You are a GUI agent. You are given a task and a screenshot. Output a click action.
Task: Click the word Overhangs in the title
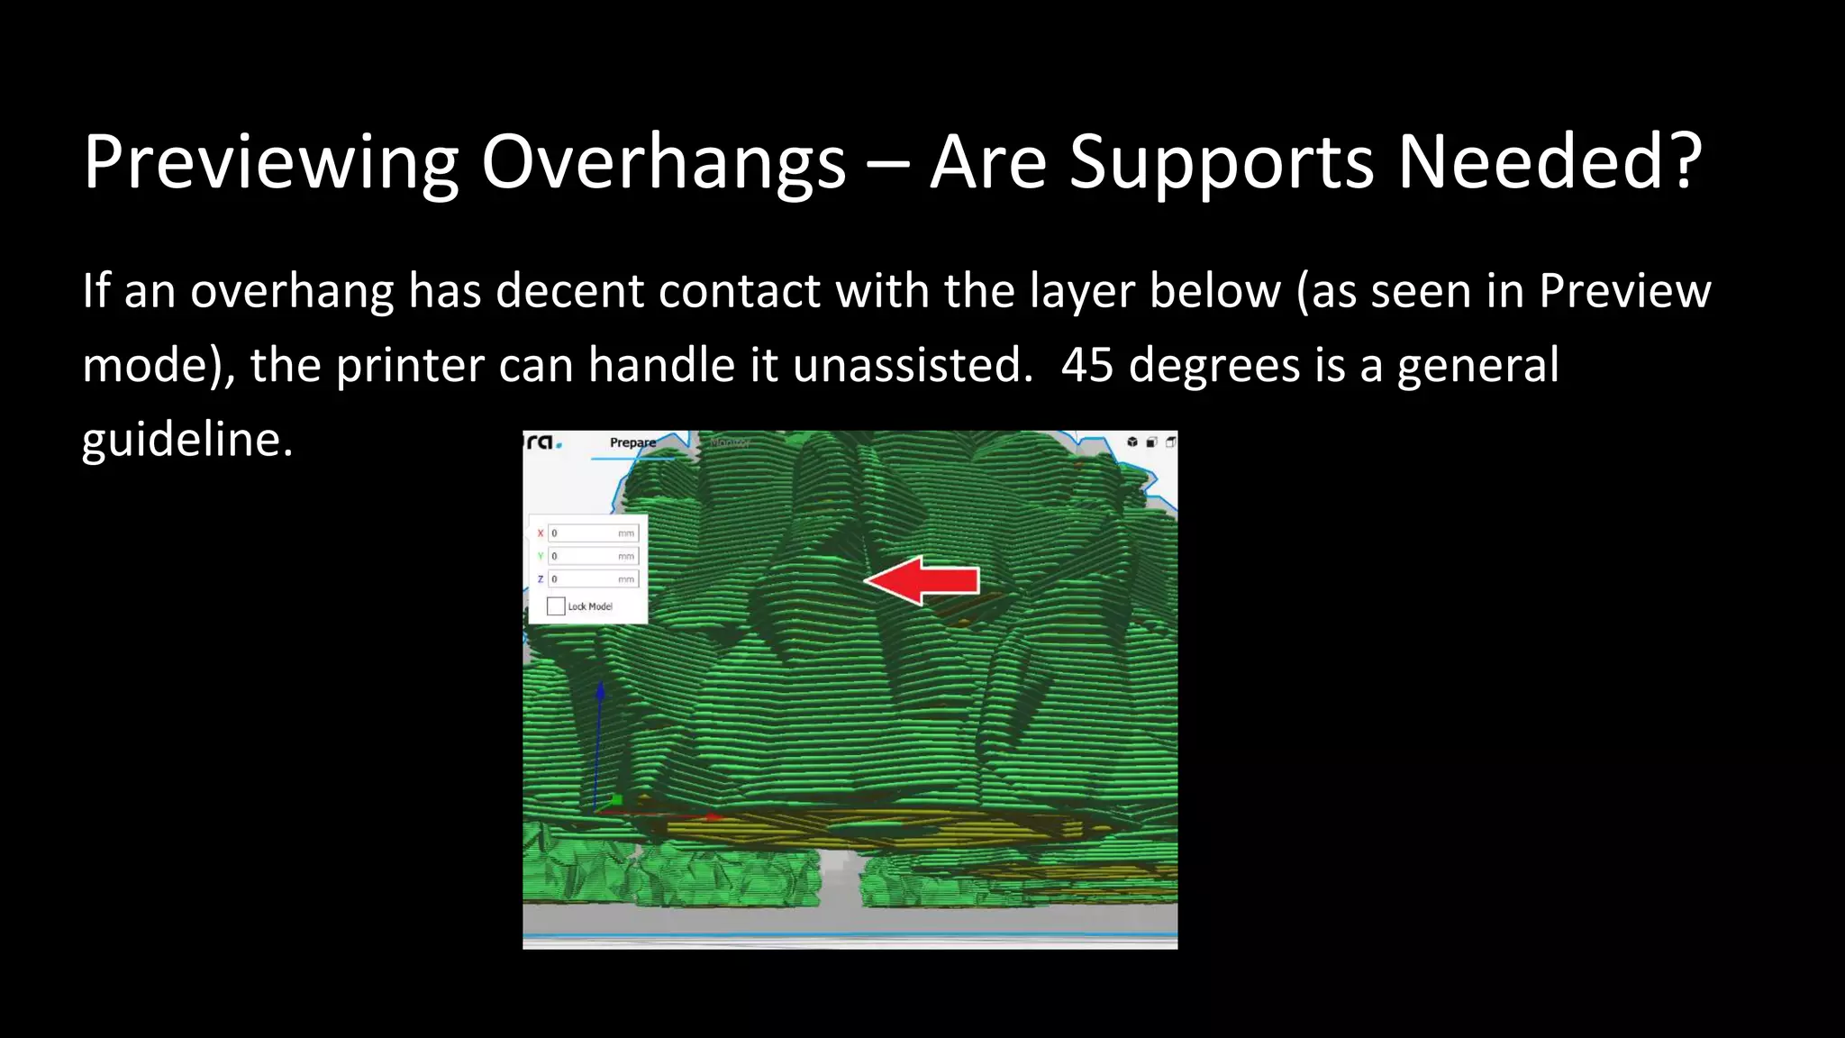point(663,162)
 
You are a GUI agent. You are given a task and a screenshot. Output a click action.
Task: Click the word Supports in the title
point(1221,162)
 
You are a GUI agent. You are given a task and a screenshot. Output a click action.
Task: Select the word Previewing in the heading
point(270,162)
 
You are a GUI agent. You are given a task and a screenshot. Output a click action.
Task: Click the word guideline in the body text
point(186,440)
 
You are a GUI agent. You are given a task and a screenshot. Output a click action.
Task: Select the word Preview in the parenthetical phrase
point(1624,291)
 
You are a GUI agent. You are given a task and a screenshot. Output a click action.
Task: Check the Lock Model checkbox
point(556,606)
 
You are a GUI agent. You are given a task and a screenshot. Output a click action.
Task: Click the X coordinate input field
point(593,533)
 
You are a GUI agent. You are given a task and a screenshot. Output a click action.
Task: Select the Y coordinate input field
point(593,556)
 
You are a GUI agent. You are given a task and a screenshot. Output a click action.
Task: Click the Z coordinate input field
point(593,578)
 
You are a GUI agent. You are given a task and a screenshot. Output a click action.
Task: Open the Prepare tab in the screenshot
point(632,442)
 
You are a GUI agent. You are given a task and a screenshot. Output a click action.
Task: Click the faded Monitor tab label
point(729,442)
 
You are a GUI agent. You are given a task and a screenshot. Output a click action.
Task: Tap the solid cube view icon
point(1132,442)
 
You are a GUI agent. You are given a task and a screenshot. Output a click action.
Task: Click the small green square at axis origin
point(617,799)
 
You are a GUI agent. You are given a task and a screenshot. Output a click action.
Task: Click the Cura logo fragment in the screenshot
point(544,442)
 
